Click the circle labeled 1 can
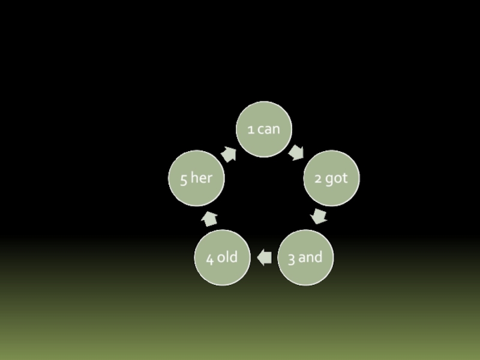tap(264, 129)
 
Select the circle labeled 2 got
tap(331, 178)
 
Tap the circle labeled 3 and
tap(305, 257)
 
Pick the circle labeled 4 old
tap(222, 257)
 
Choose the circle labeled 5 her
tap(197, 178)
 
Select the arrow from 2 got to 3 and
tap(319, 216)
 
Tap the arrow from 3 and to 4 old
tap(264, 257)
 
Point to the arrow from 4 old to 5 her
tap(209, 218)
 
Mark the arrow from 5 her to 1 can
tap(229, 154)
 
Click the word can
tap(269, 129)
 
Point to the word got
tap(337, 179)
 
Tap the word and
tap(310, 257)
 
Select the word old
tap(227, 257)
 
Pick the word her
tap(202, 178)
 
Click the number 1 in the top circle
tap(251, 129)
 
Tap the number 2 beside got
tap(318, 179)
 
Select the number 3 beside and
tap(291, 258)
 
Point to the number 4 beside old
tap(209, 259)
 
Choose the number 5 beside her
tap(183, 179)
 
